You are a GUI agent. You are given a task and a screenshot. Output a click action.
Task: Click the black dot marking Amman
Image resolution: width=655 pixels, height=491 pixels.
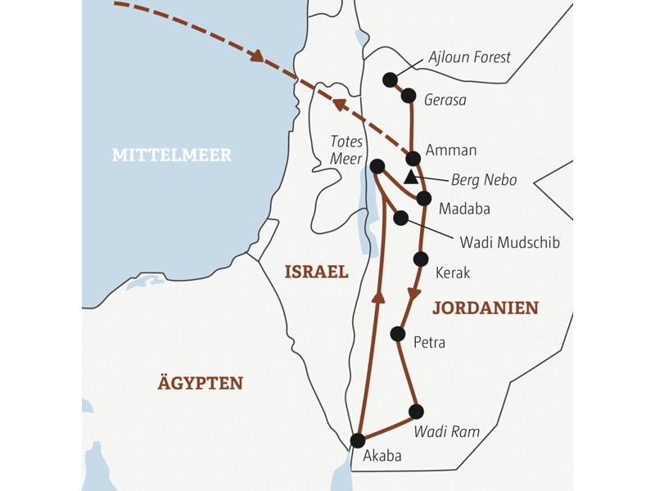(413, 158)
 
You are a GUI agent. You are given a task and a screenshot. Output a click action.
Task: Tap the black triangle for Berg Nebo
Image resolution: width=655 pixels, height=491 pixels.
(411, 176)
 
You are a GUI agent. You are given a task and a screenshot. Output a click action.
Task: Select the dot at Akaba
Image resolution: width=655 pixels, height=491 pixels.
(358, 440)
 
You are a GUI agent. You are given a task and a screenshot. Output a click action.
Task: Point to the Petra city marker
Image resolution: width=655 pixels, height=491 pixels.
(398, 333)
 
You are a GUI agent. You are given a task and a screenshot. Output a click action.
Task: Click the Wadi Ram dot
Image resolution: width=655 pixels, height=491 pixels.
(416, 411)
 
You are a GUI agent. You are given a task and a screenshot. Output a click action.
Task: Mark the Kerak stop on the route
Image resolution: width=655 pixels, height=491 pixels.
(421, 259)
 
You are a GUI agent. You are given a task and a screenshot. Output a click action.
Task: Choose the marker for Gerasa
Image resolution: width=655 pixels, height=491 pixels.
(408, 96)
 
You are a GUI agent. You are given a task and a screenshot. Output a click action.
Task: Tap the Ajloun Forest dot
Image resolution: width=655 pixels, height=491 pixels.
(391, 79)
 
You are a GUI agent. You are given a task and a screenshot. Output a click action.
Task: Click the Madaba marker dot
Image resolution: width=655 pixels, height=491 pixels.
(423, 198)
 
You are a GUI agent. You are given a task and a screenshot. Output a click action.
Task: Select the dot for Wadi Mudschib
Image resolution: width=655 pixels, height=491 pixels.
(400, 218)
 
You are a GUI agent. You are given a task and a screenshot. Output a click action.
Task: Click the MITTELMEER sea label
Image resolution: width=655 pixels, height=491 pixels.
(172, 155)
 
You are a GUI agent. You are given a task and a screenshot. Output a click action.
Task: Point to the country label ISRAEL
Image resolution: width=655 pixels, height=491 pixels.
(316, 272)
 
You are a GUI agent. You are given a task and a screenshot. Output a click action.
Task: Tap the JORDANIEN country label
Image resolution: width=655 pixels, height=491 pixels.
(485, 308)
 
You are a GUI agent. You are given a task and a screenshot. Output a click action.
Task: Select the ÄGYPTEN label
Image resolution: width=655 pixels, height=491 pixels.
(201, 382)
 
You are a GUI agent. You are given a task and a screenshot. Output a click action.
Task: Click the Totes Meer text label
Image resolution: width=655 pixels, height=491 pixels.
(345, 151)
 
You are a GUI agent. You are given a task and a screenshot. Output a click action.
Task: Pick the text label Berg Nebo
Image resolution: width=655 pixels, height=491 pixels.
(484, 180)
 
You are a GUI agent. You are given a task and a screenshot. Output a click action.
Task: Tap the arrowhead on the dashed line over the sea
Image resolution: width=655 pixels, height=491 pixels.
(257, 56)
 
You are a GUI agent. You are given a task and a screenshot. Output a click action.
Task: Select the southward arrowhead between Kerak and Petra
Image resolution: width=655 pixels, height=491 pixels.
(414, 293)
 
